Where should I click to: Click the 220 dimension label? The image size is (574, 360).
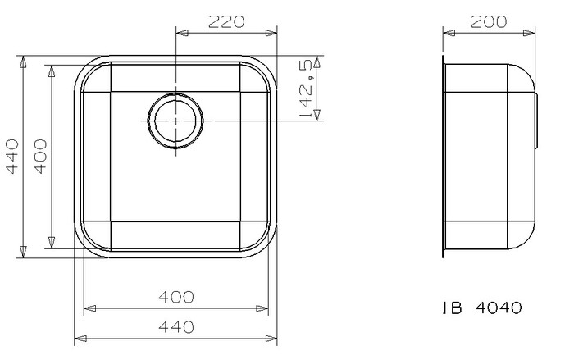pyautogui.click(x=226, y=22)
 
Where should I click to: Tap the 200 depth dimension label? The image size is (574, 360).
pyautogui.click(x=489, y=22)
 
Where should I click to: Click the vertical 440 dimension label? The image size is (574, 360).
pyautogui.click(x=12, y=157)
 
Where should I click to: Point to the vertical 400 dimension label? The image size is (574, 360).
pyautogui.click(x=41, y=157)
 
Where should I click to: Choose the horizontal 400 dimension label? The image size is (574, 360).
pyautogui.click(x=176, y=297)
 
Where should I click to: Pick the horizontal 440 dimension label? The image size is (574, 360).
pyautogui.click(x=176, y=327)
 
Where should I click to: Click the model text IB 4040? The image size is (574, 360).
pyautogui.click(x=482, y=308)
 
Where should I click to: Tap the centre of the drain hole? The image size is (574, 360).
pyautogui.click(x=175, y=121)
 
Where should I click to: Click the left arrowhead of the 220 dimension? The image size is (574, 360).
pyautogui.click(x=182, y=33)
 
